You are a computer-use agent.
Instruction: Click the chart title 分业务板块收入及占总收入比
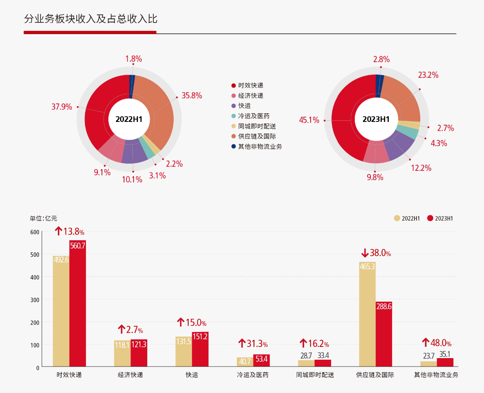pos(90,19)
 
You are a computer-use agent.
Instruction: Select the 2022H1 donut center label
pos(129,119)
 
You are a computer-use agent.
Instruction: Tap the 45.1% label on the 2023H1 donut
pos(309,120)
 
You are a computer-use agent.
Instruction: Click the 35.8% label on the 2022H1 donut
pos(191,96)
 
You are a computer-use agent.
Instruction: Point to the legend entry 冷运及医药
pos(253,116)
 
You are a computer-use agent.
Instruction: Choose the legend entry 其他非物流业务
pos(260,146)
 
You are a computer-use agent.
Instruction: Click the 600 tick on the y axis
pos(35,232)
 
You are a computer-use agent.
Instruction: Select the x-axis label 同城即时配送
pos(315,375)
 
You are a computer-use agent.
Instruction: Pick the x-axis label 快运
pos(192,375)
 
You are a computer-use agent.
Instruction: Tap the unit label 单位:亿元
pos(43,219)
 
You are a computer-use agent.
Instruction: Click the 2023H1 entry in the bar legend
pos(440,219)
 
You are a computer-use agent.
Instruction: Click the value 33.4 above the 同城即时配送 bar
pos(323,355)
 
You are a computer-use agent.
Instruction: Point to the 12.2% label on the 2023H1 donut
pos(421,168)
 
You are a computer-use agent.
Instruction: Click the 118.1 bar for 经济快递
pos(122,353)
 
